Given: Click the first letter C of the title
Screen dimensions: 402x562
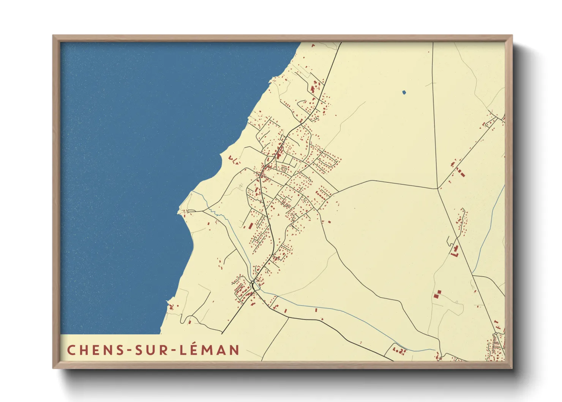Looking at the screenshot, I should coord(71,350).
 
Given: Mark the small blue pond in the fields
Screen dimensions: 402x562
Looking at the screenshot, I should coord(404,92).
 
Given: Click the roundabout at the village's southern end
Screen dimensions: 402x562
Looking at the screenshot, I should coord(253,283).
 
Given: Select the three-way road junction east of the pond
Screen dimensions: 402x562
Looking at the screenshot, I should coord(438,188).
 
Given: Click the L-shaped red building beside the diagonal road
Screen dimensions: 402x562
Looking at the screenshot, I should coord(455,251).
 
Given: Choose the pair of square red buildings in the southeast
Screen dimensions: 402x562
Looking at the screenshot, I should coord(437,293).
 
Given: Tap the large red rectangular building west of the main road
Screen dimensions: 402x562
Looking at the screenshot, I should coord(251,226).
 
